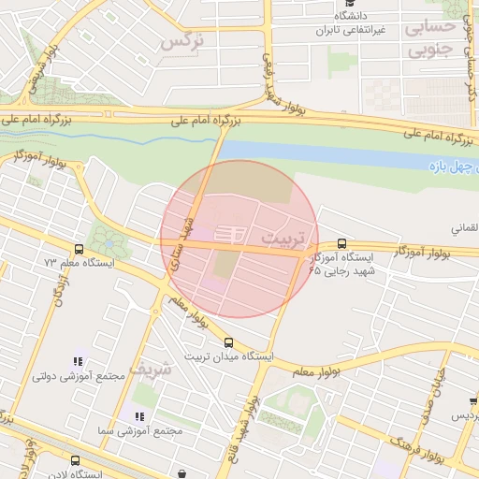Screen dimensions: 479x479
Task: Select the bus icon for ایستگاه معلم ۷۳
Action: (79, 250)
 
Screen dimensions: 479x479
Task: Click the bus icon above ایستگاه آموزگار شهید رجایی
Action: (341, 242)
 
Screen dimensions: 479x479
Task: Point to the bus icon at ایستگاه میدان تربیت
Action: (229, 342)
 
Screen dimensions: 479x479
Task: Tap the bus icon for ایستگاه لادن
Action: (75, 460)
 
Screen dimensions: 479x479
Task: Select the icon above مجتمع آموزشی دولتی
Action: (78, 361)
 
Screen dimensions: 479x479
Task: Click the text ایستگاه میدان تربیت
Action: (229, 357)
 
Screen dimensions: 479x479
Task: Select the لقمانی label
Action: (465, 227)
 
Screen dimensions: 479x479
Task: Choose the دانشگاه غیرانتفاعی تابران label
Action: (347, 22)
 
